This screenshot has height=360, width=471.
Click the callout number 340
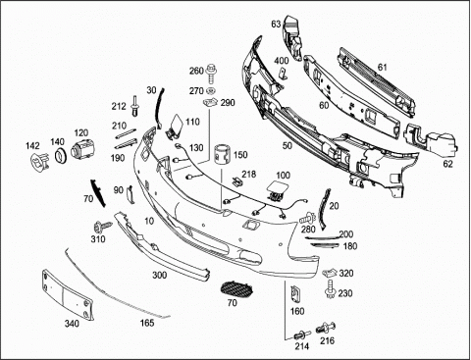click(x=72, y=324)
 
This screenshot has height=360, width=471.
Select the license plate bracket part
click(x=67, y=293)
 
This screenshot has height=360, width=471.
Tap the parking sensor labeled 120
click(x=83, y=148)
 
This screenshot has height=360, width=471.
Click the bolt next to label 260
click(x=212, y=74)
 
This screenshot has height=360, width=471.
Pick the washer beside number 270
click(x=212, y=91)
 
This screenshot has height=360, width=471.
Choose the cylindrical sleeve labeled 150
click(x=223, y=154)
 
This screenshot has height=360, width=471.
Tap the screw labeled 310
click(x=102, y=227)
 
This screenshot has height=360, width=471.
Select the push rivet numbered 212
click(x=135, y=106)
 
